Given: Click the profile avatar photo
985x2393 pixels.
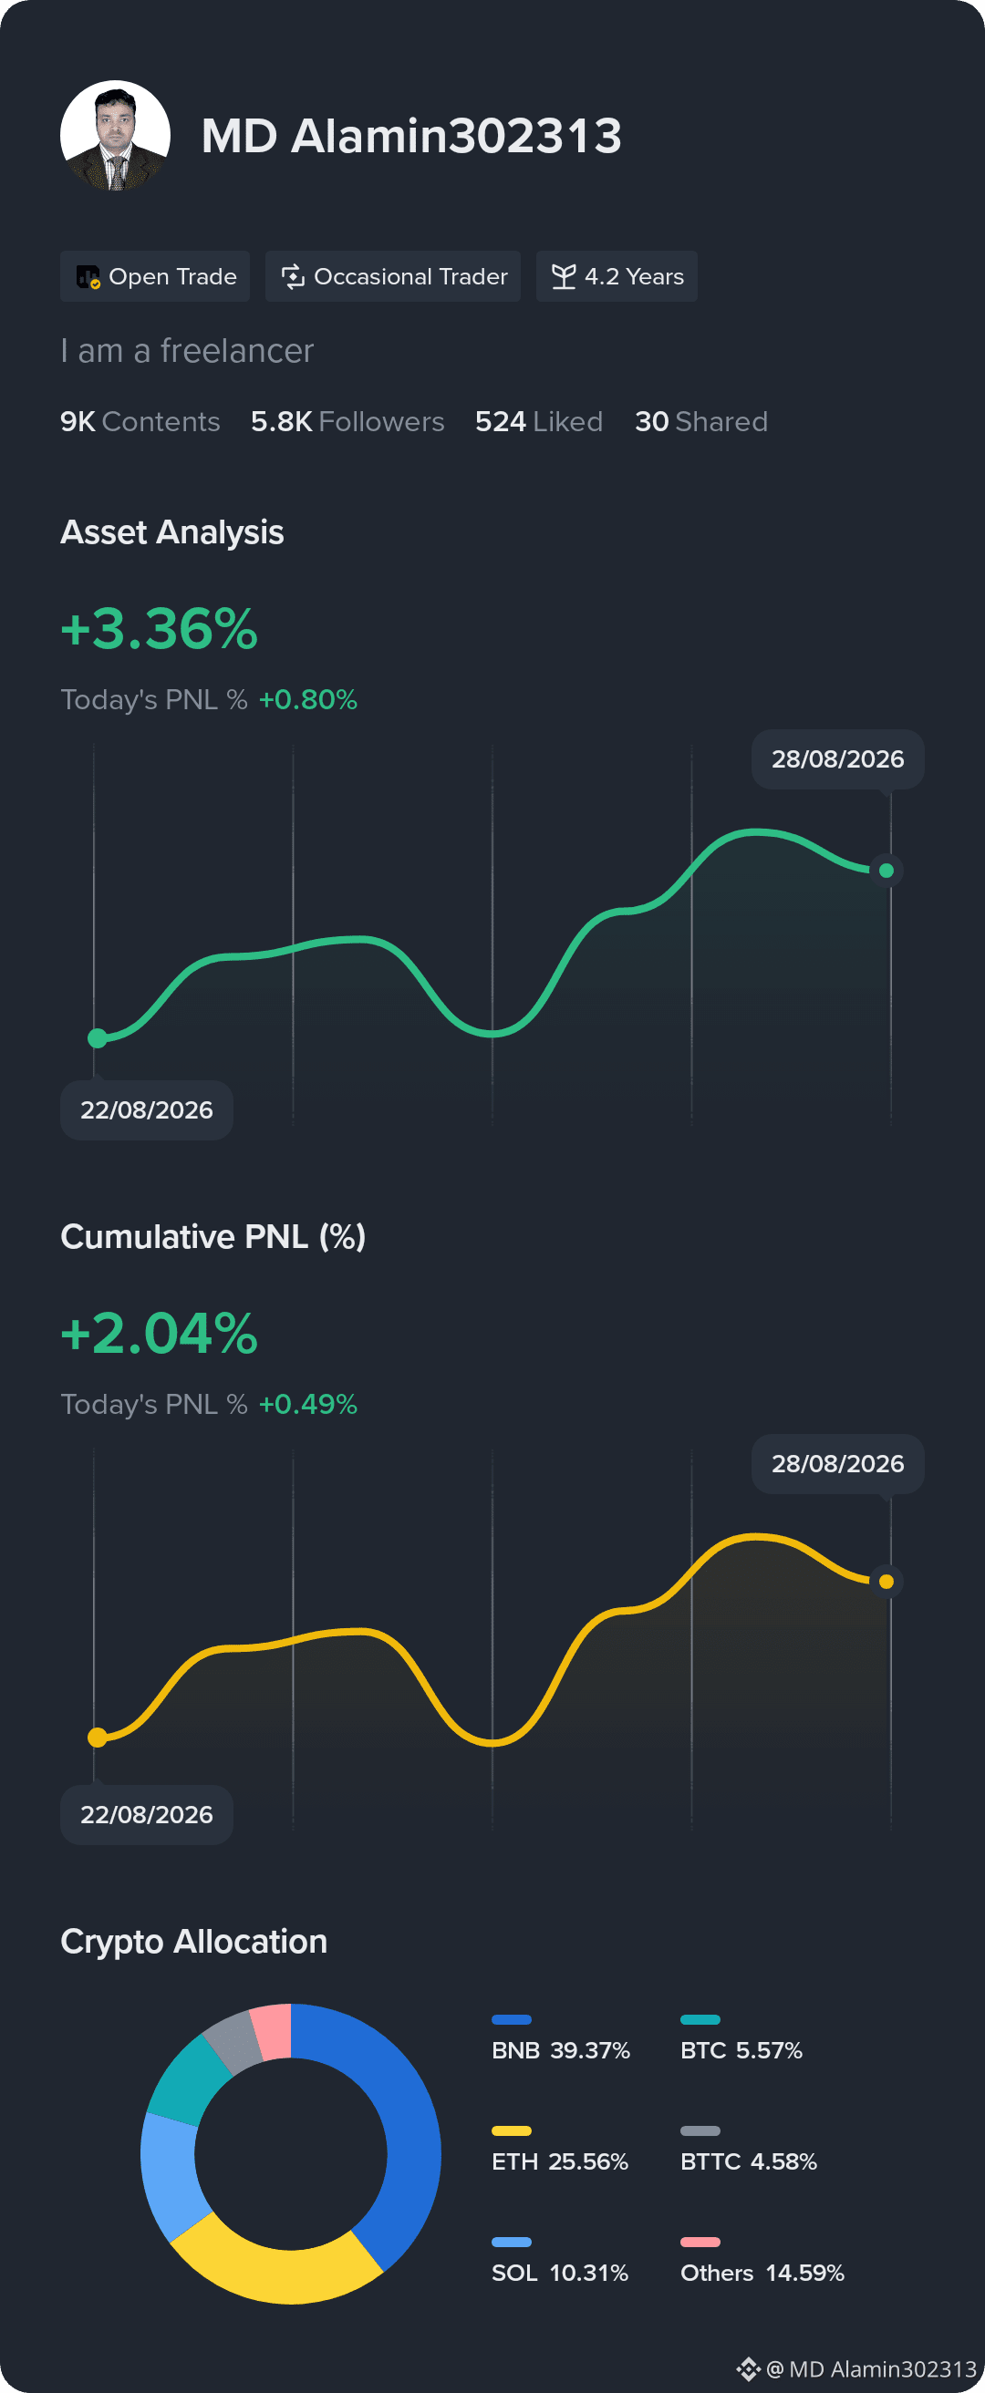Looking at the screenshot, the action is tap(115, 136).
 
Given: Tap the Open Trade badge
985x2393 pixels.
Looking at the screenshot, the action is tap(155, 276).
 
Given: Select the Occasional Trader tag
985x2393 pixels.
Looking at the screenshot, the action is tap(393, 276).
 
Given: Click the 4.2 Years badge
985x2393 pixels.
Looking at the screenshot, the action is tap(617, 276).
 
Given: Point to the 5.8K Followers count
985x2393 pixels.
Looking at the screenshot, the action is tap(347, 422).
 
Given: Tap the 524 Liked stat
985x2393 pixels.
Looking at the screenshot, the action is tap(539, 422).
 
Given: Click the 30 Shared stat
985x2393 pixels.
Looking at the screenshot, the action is tap(701, 422).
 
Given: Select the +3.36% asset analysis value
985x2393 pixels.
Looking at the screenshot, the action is tap(159, 629).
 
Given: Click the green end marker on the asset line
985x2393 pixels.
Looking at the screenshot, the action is tap(886, 871).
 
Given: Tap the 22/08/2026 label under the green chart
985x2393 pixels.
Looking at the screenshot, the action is tap(147, 1110).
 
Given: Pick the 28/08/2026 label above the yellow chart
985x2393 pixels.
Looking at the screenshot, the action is tap(838, 1463).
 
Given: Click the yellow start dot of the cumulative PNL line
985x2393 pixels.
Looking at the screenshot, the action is tap(98, 1738).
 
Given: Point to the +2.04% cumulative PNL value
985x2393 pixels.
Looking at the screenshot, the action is tap(159, 1334).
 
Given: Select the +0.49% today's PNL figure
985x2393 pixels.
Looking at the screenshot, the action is tap(307, 1404).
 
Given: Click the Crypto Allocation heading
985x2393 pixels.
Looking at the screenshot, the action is tap(194, 1942).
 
